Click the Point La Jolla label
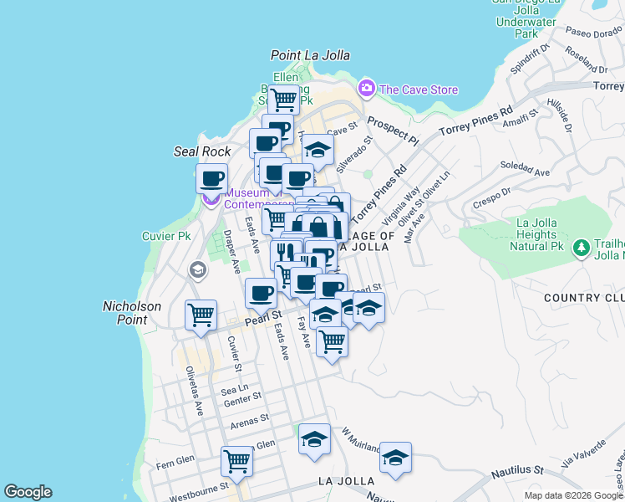tap(310, 55)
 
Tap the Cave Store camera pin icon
tap(366, 88)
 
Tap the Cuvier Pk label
tap(166, 237)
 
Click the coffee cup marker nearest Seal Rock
tap(211, 177)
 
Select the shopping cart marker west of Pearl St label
tap(201, 315)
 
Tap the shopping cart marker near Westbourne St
tap(237, 461)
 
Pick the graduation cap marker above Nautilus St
tap(395, 457)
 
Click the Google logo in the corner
tap(28, 492)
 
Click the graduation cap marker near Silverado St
tap(317, 150)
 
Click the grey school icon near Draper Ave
tap(198, 269)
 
